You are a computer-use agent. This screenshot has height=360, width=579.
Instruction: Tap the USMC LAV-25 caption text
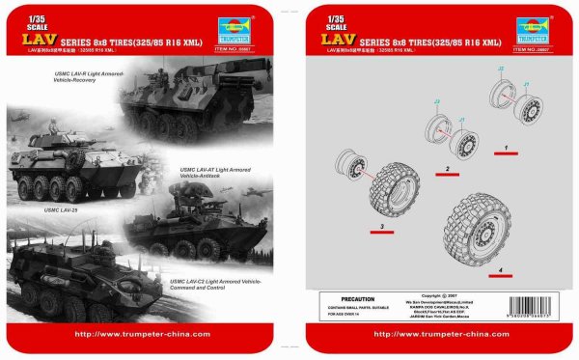tap(60, 209)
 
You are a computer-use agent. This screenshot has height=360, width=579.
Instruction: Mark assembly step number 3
tap(383, 227)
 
